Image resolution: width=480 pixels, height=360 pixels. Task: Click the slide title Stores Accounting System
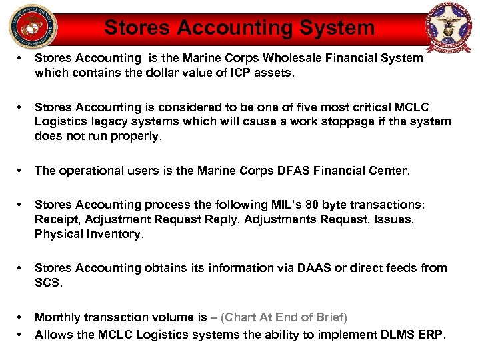(x=239, y=27)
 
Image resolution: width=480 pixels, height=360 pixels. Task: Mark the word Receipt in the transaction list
(x=55, y=219)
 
